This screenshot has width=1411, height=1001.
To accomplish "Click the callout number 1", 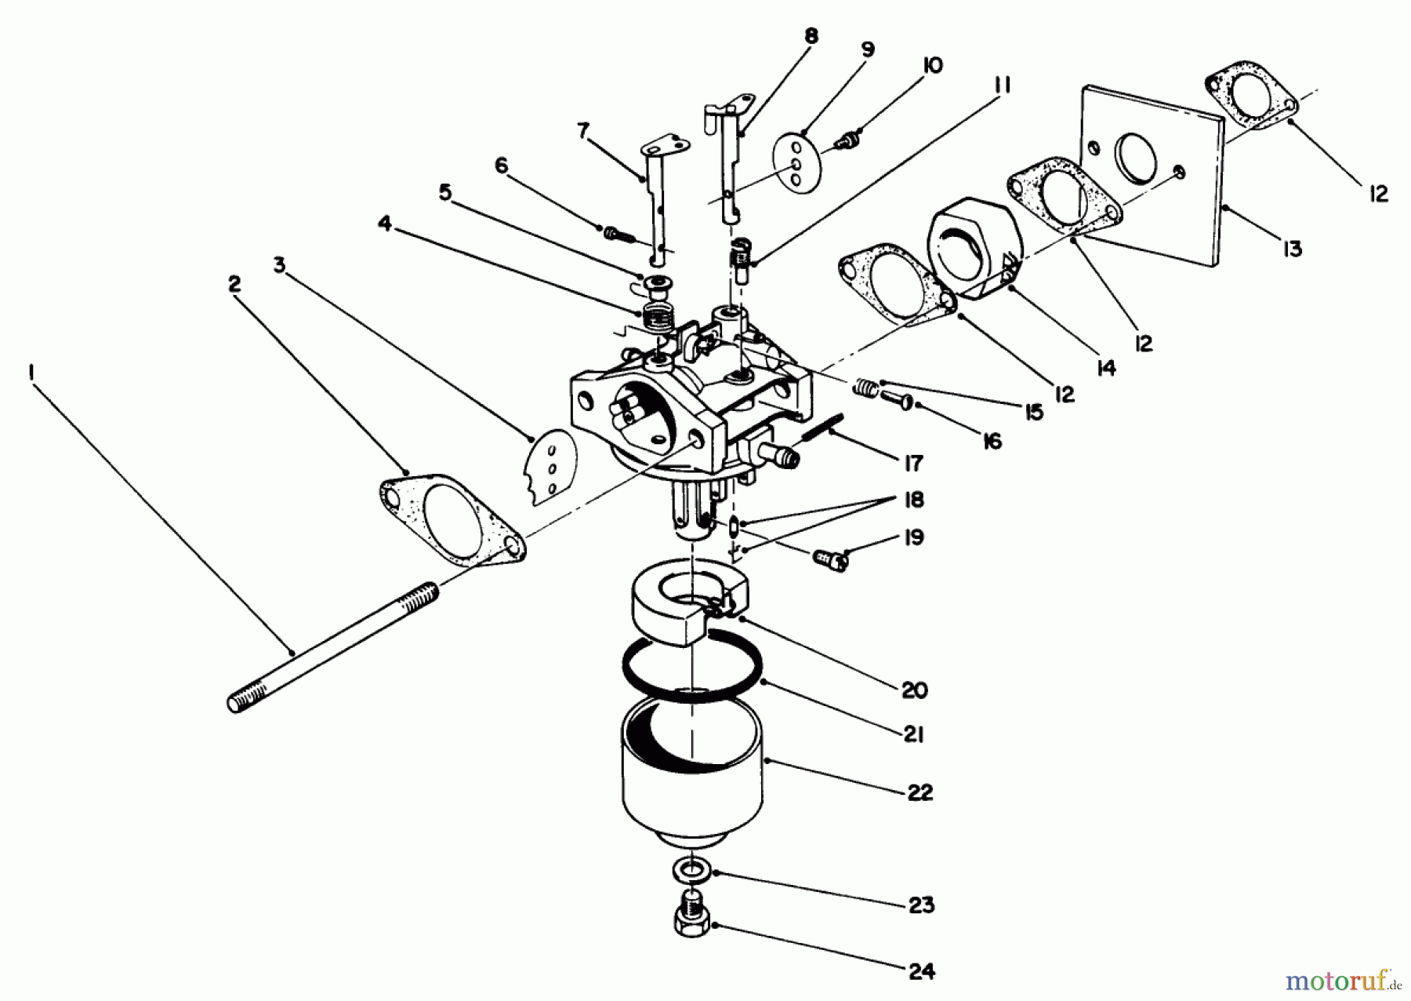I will (31, 374).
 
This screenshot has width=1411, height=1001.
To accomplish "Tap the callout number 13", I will (1293, 249).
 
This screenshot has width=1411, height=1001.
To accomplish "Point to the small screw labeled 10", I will (846, 140).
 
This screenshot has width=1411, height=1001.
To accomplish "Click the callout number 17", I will (913, 464).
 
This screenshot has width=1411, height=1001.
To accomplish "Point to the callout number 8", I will (811, 35).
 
